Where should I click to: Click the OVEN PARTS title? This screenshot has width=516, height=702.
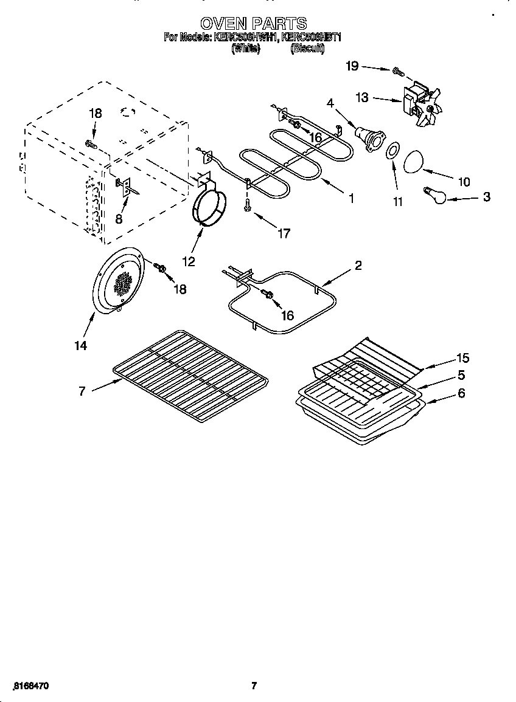(254, 24)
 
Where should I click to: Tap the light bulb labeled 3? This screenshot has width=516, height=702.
(436, 194)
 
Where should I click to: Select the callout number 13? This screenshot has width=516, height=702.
(362, 97)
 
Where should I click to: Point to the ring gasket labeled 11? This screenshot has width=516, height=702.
(394, 150)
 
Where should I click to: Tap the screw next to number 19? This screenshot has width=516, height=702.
(398, 72)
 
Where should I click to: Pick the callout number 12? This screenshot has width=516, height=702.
(189, 261)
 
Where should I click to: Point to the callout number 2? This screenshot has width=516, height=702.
(358, 265)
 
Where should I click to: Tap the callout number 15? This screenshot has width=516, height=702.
(464, 358)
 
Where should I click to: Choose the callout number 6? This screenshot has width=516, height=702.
(461, 393)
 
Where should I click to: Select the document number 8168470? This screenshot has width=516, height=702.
(30, 686)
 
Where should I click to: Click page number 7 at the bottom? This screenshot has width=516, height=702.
(254, 686)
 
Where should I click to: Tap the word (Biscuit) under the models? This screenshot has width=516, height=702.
(307, 49)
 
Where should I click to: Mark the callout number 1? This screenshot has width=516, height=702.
(351, 198)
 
